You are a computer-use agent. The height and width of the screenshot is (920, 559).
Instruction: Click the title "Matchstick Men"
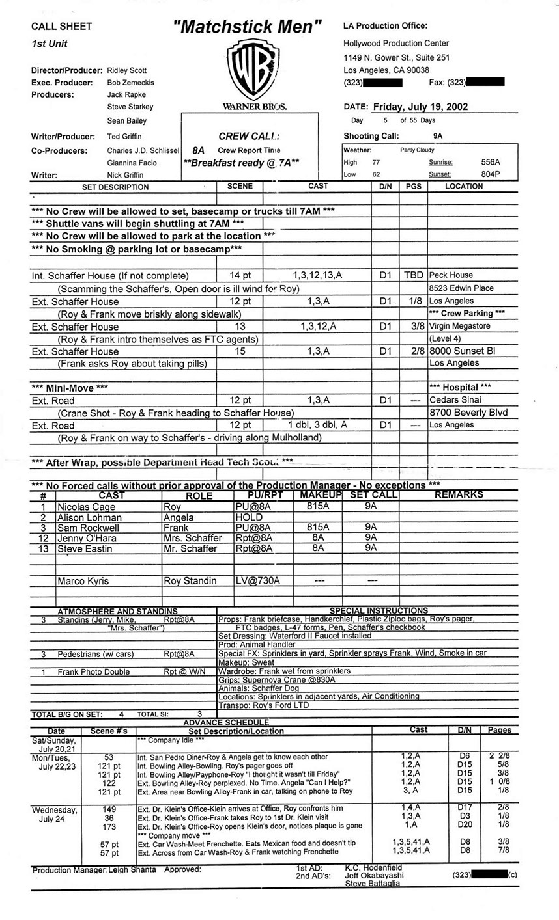pos(248,27)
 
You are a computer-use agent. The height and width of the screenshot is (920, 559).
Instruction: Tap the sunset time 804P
pos(491,174)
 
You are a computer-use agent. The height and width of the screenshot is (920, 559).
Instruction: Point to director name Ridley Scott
pos(127,70)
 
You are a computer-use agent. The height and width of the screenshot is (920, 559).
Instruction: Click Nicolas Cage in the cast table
pos(85,506)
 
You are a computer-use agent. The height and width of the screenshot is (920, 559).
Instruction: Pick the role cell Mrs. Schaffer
pos(193,538)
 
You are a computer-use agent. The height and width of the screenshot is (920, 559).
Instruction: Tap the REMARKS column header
pos(459,495)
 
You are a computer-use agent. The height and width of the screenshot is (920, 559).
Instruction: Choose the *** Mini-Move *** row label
pos(70,388)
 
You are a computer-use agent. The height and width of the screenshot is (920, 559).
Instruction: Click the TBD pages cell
pos(412,275)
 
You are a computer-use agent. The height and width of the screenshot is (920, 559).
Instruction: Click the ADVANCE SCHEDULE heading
pos(226,723)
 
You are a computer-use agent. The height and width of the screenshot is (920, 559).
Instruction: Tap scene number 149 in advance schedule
pos(109,808)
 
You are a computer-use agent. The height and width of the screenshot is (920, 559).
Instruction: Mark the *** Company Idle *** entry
pos(171,740)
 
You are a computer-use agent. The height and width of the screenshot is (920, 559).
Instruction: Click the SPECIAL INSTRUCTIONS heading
pos(379,610)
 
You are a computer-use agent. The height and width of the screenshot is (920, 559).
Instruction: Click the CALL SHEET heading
pos(62,27)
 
